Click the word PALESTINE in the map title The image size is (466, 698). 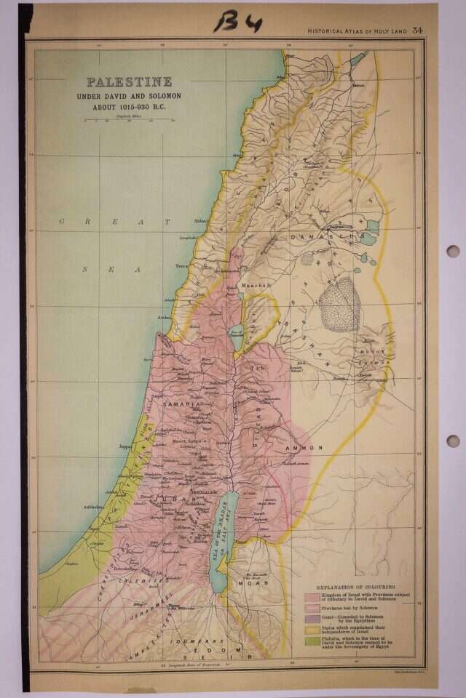[x=130, y=82]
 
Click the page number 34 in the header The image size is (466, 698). [x=417, y=30]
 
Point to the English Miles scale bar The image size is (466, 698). [x=130, y=119]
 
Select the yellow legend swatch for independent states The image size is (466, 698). [x=310, y=627]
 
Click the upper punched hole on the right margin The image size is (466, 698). [x=453, y=251]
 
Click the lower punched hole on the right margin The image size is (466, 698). [x=453, y=441]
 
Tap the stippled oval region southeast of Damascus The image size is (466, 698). [x=339, y=304]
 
